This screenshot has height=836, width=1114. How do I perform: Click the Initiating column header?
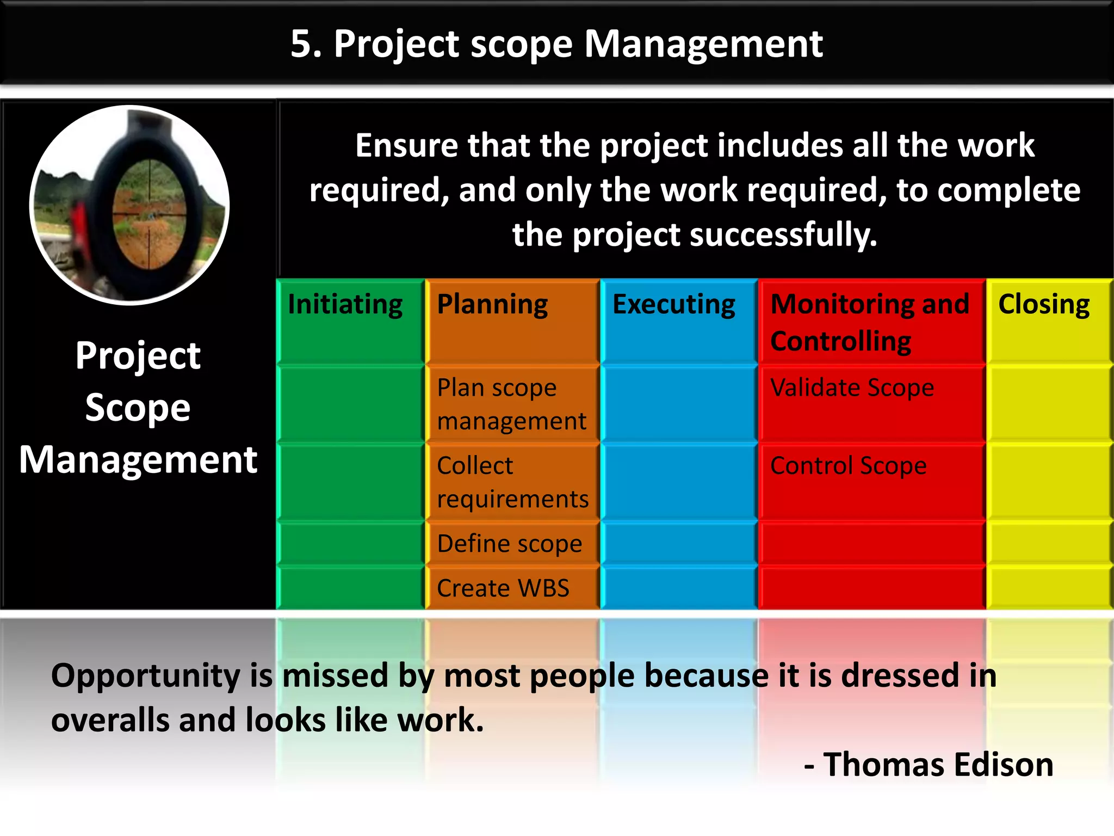pos(345,305)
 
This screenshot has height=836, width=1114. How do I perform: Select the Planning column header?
pos(492,305)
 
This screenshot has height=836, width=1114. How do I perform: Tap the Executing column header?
pos(673,305)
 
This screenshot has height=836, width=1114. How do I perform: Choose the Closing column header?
pos(1043,305)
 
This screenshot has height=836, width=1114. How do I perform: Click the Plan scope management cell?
pos(511,404)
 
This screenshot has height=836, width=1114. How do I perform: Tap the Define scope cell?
pos(510,544)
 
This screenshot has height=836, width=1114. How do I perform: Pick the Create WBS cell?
pos(503,588)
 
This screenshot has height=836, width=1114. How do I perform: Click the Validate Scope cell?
pos(852,388)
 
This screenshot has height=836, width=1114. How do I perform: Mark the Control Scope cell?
pos(848,466)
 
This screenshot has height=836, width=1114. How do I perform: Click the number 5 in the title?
pos(302,44)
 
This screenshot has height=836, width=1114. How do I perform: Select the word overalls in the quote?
pos(110,720)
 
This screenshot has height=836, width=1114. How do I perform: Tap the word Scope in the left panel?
pos(138,408)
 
